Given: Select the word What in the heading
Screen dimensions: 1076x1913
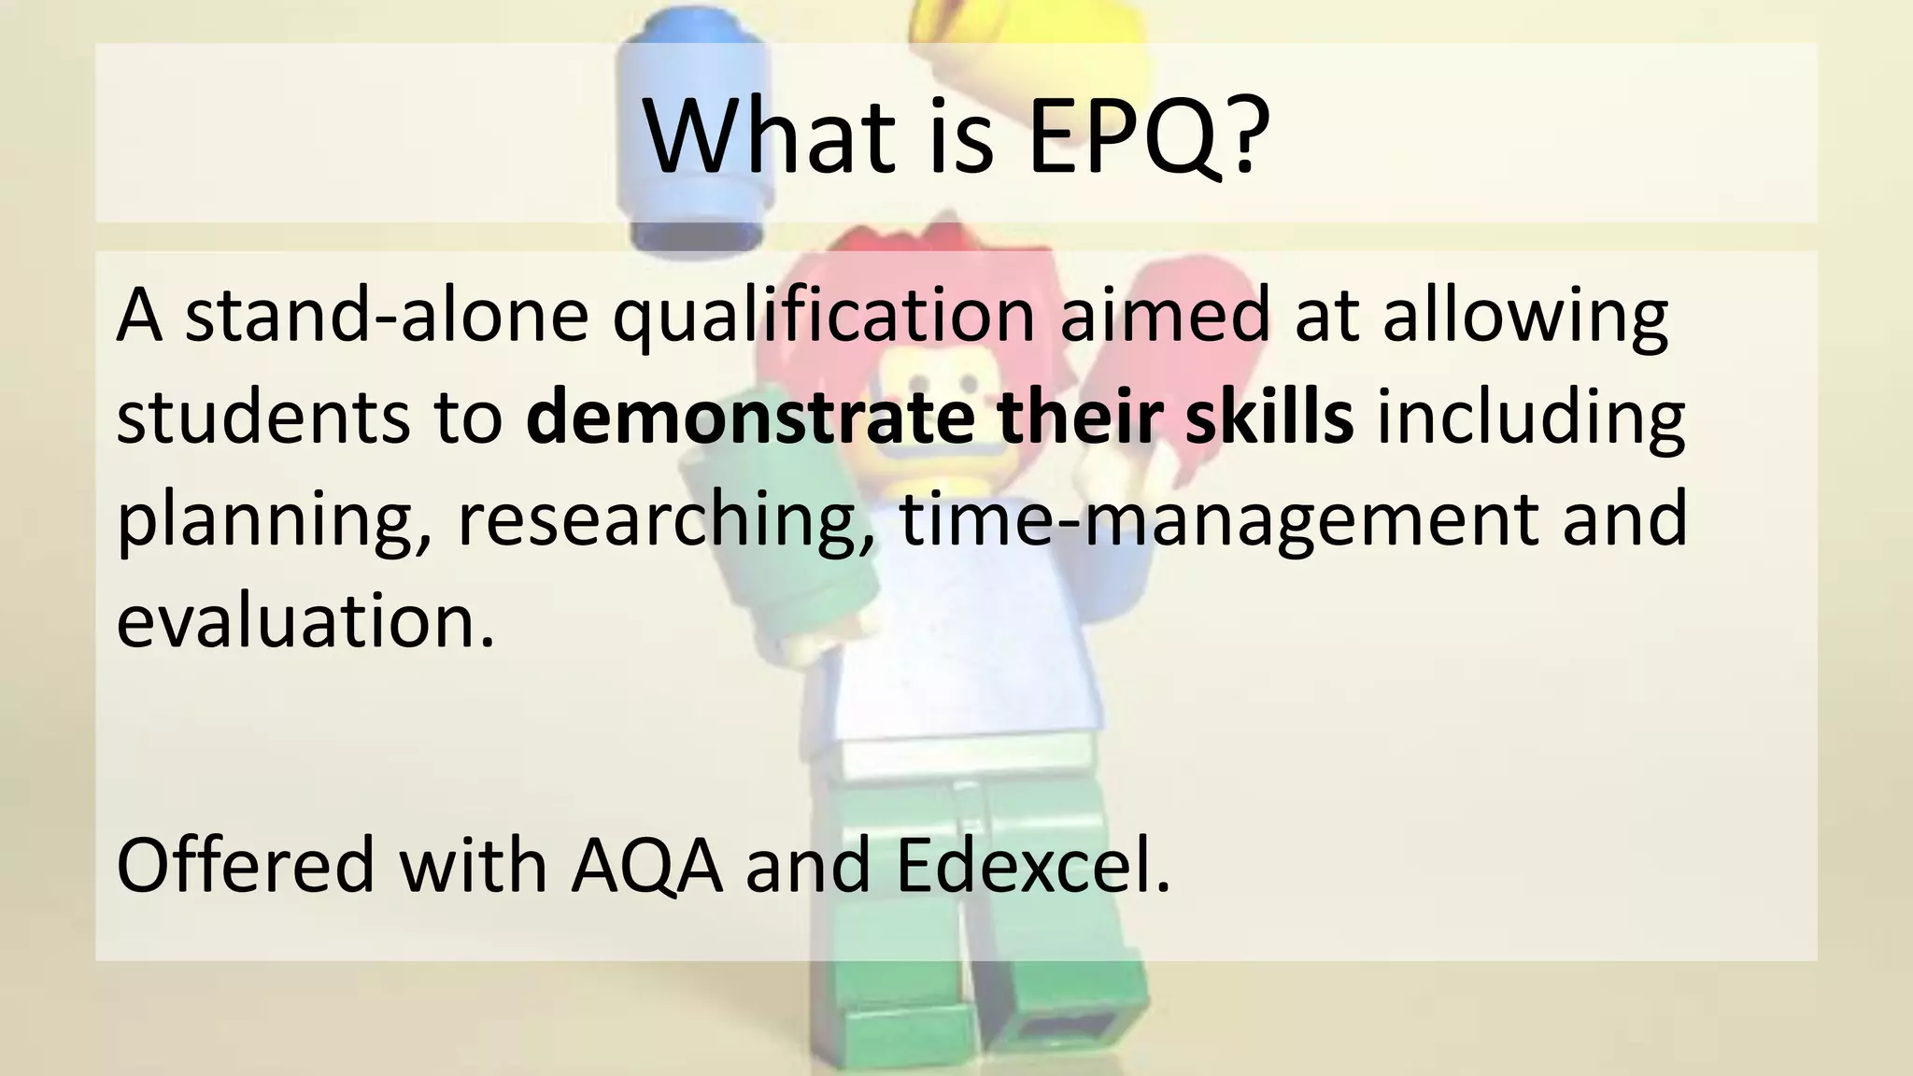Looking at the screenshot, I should (x=766, y=135).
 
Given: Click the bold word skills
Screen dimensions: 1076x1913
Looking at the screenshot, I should (x=1268, y=418).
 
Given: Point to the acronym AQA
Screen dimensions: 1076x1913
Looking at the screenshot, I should (x=647, y=865).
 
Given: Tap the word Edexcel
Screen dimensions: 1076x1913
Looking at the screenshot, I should (x=1032, y=865).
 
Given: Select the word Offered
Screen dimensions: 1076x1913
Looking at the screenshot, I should (x=245, y=865).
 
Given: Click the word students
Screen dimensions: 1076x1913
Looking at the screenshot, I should (x=262, y=418).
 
